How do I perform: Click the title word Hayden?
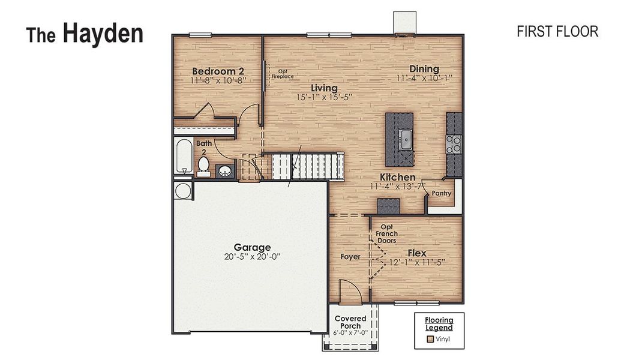click(x=103, y=34)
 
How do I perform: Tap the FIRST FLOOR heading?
click(x=557, y=32)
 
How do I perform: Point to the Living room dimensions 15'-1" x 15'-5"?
click(x=324, y=97)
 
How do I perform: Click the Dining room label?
click(x=424, y=69)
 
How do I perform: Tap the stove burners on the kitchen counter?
click(x=454, y=144)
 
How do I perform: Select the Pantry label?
click(x=441, y=194)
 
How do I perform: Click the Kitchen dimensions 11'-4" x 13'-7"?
click(x=397, y=187)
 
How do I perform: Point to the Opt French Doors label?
click(x=387, y=233)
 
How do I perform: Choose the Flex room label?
click(x=417, y=253)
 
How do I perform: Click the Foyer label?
click(x=350, y=257)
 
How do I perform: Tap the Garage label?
click(x=252, y=247)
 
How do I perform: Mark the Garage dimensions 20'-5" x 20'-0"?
click(x=252, y=256)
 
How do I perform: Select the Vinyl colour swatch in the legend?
click(x=430, y=339)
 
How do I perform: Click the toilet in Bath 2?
click(x=203, y=164)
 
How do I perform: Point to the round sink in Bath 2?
click(x=226, y=170)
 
